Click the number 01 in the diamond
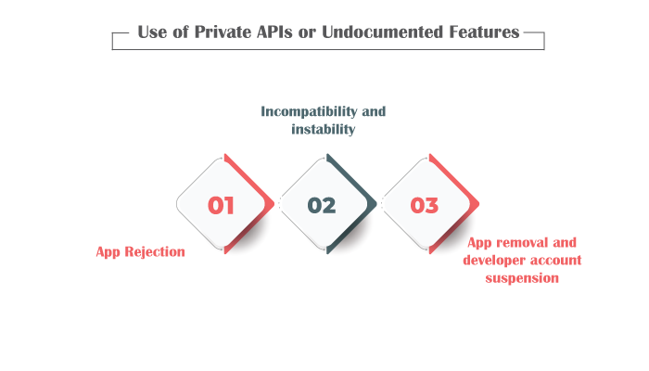(221, 205)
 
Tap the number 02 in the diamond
(322, 205)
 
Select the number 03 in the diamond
(425, 205)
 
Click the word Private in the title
(223, 32)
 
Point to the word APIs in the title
(274, 32)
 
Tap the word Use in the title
(152, 32)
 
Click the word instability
(324, 129)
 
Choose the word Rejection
(155, 251)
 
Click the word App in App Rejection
(108, 252)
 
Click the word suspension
(522, 278)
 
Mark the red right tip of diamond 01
(274, 204)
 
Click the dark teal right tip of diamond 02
(375, 204)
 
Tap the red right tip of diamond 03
(478, 204)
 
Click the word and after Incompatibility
(374, 111)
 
